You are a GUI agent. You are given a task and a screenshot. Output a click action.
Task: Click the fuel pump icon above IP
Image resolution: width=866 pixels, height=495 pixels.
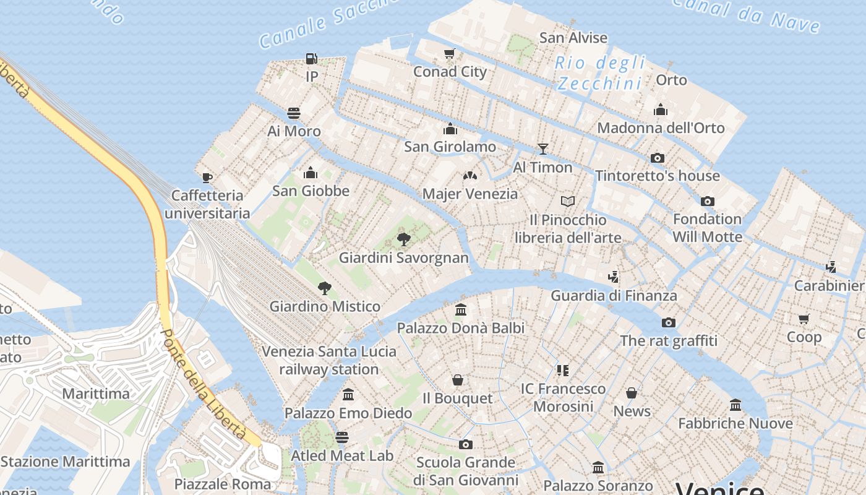click(312, 59)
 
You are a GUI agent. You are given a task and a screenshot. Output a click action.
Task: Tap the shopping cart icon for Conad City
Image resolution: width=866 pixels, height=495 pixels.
click(450, 54)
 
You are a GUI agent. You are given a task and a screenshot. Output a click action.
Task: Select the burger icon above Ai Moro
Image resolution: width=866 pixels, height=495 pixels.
click(294, 113)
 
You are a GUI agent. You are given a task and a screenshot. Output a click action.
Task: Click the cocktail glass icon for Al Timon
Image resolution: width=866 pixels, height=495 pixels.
click(542, 148)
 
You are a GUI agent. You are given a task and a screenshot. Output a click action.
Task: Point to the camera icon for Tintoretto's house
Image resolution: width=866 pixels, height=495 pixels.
click(658, 158)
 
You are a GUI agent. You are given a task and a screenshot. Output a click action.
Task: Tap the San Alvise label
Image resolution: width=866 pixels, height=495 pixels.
click(573, 38)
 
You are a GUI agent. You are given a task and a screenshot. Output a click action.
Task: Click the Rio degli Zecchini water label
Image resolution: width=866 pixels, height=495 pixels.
click(599, 73)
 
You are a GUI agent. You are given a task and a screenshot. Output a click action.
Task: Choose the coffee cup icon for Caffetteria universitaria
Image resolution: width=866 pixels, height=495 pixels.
click(207, 178)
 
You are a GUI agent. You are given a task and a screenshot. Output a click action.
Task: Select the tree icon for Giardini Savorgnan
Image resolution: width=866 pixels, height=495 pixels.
click(404, 239)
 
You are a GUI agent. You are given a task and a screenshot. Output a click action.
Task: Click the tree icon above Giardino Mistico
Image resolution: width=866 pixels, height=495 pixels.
click(324, 288)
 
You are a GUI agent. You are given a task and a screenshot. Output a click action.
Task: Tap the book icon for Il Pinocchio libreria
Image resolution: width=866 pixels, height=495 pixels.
click(568, 201)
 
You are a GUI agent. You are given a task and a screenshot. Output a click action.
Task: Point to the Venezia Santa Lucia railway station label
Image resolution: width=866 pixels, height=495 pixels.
click(328, 360)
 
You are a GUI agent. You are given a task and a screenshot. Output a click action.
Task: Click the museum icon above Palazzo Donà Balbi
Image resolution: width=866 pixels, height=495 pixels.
click(461, 309)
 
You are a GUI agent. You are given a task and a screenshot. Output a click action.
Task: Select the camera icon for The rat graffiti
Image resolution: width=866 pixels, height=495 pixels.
click(668, 322)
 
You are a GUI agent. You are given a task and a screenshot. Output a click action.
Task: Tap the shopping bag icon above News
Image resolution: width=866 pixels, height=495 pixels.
click(632, 393)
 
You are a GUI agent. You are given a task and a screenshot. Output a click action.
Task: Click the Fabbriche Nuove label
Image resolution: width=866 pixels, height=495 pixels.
click(735, 423)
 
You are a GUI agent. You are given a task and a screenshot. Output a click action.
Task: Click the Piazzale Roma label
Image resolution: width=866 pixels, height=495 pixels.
click(223, 484)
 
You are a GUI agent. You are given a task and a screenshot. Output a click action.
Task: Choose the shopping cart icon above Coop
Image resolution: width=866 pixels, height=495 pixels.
click(804, 319)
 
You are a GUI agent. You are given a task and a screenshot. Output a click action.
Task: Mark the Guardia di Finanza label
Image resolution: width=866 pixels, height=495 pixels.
click(614, 295)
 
